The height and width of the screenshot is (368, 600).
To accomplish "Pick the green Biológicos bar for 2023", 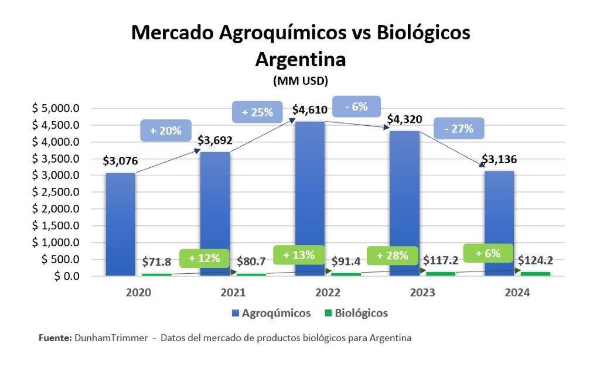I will coord(440,273).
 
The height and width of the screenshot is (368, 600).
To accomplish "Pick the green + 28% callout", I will coord(391,256).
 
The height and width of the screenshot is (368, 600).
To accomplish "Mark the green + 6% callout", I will coord(487,253).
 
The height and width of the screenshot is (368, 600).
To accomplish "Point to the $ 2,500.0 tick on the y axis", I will coord(56,192).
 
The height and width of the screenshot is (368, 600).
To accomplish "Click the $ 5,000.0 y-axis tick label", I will coord(56,108).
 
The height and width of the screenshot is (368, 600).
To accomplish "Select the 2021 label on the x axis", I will coord(232,293).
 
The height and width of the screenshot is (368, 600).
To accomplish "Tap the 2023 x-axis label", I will coord(422,293).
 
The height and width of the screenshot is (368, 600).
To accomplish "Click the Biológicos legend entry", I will coord(356,313).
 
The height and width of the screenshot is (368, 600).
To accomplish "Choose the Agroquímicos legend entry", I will coord(272,313).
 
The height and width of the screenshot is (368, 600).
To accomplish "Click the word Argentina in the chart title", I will coord(301,60).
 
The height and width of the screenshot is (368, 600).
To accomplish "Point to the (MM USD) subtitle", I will coord(300,80).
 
